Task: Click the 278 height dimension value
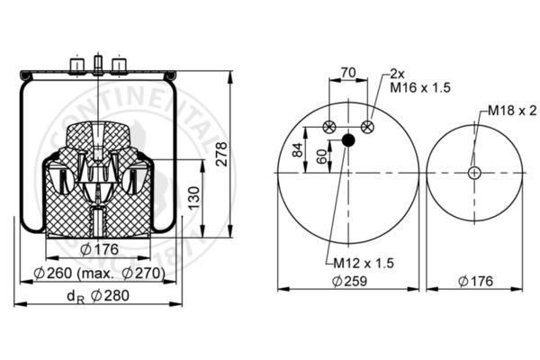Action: coord(222,154)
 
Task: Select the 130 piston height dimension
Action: coord(194,198)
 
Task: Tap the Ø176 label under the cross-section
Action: coord(100,249)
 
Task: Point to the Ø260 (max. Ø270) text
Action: coord(100,274)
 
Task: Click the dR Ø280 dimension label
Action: coord(98,296)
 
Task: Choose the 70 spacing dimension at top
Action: coord(348,73)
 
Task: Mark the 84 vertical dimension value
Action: coord(298,149)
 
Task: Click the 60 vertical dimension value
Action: coord(321,157)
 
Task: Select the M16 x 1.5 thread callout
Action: coord(420,87)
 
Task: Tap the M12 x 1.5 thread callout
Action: coord(364,263)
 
